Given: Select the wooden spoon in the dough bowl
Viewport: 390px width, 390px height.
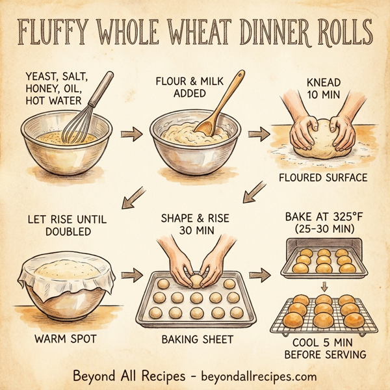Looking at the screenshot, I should [x=221, y=104].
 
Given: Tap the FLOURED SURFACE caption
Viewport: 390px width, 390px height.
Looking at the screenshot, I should [x=322, y=177].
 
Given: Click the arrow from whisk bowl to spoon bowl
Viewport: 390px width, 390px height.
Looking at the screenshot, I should [x=133, y=135].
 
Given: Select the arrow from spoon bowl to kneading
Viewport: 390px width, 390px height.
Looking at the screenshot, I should [x=259, y=135].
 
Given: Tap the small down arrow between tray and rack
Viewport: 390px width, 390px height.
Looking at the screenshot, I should [x=323, y=286].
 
